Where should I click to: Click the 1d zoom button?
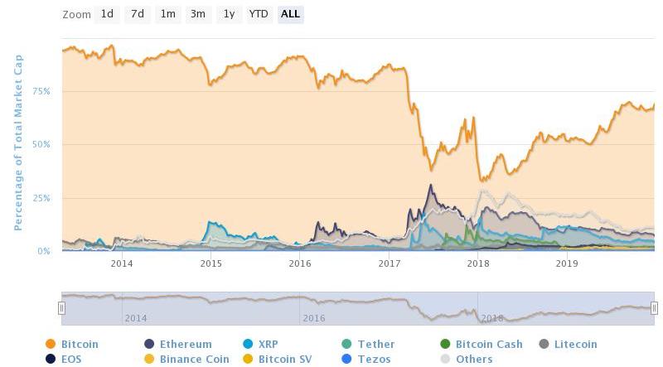click(x=107, y=14)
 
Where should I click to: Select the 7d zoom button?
click(x=138, y=14)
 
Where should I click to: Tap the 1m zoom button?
click(x=168, y=14)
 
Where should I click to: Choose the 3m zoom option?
click(x=197, y=14)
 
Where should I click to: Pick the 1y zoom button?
click(x=229, y=14)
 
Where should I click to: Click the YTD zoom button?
click(x=259, y=14)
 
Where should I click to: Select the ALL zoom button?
click(x=290, y=14)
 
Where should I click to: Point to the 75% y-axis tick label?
click(x=41, y=91)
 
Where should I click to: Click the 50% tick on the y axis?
click(x=41, y=144)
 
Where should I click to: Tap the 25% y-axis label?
click(x=41, y=198)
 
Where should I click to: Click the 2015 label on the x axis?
click(x=211, y=264)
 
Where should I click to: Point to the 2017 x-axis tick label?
click(x=389, y=264)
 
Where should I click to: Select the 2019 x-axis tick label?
click(x=567, y=264)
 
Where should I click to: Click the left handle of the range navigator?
click(x=61, y=308)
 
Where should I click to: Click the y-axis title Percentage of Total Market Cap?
click(x=17, y=142)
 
